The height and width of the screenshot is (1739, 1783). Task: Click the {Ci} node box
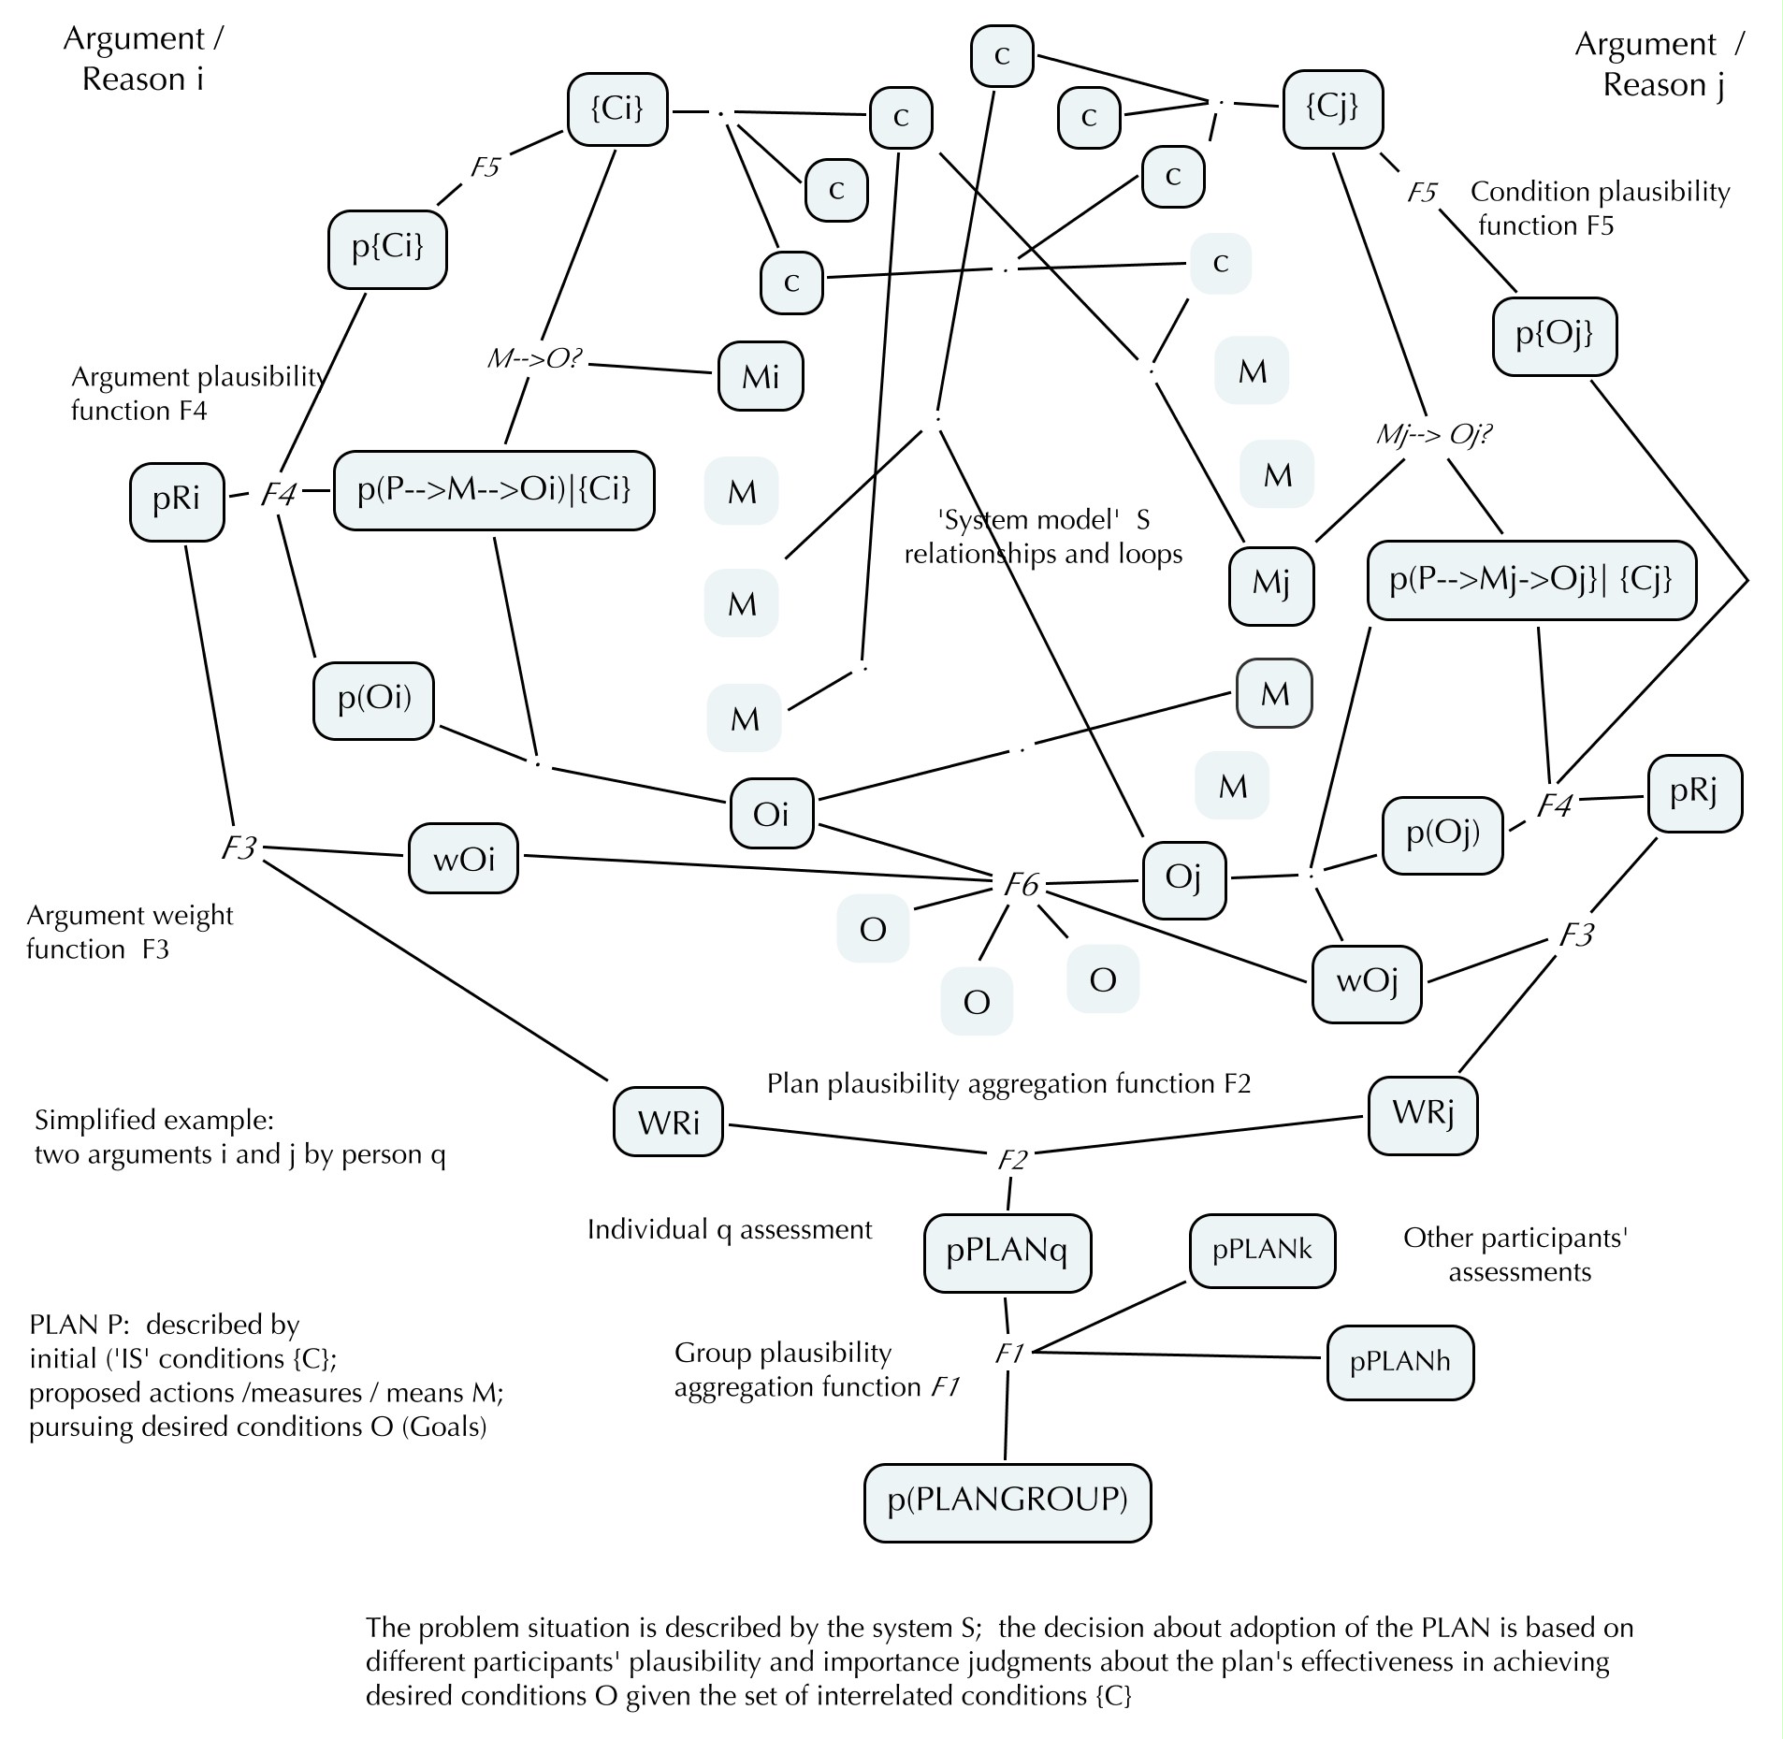pos(617,109)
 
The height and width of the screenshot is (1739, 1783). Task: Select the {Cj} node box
pos(1332,109)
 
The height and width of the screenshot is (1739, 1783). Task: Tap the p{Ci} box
pos(387,249)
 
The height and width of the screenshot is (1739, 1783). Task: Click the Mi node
pos(761,377)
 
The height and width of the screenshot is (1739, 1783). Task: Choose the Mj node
pos(1271,585)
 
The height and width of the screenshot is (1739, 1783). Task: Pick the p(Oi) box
pos(373,701)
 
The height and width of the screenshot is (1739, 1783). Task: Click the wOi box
pos(463,859)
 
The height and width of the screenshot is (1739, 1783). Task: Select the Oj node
pos(1183,879)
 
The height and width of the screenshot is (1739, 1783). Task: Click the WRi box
pos(668,1122)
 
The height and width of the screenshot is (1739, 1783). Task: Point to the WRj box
pos(1422,1115)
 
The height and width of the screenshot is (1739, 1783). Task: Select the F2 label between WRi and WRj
pos(1012,1161)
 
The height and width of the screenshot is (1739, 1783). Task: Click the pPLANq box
pos(1007,1254)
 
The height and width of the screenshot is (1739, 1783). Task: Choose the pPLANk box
pos(1262,1252)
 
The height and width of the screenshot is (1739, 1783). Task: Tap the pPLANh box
pos(1399,1362)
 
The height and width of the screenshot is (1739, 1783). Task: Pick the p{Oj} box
pos(1555,337)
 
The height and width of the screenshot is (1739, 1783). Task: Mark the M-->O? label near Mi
pos(535,359)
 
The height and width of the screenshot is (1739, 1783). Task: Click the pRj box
pos(1694,793)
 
